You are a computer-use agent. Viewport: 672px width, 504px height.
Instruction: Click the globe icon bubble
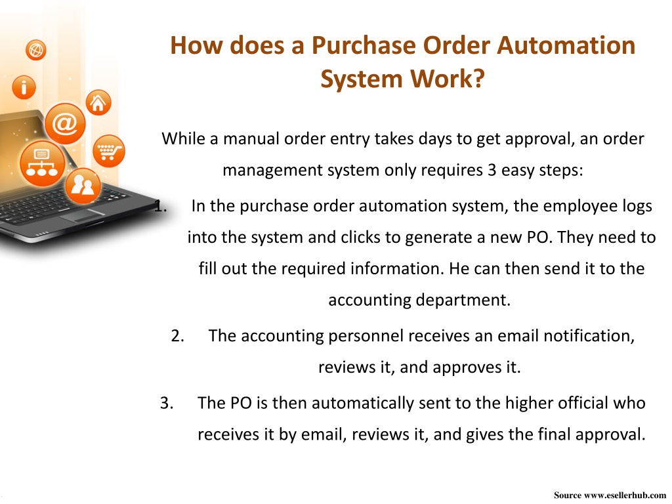point(36,50)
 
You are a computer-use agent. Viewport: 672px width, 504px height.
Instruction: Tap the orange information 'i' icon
point(24,87)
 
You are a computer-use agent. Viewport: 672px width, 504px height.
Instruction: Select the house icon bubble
point(98,103)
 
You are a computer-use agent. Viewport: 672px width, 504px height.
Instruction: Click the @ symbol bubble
point(65,124)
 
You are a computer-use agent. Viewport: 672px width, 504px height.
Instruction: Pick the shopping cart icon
point(109,152)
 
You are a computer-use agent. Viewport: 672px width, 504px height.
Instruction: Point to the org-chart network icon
point(42,163)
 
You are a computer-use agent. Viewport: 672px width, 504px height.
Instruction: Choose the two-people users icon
point(83,186)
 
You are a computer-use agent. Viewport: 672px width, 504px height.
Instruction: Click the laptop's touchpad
point(82,215)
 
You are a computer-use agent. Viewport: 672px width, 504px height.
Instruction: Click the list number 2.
point(177,335)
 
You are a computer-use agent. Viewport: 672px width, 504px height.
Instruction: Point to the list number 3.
point(167,403)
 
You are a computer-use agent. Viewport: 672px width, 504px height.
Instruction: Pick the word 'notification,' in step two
point(589,335)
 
